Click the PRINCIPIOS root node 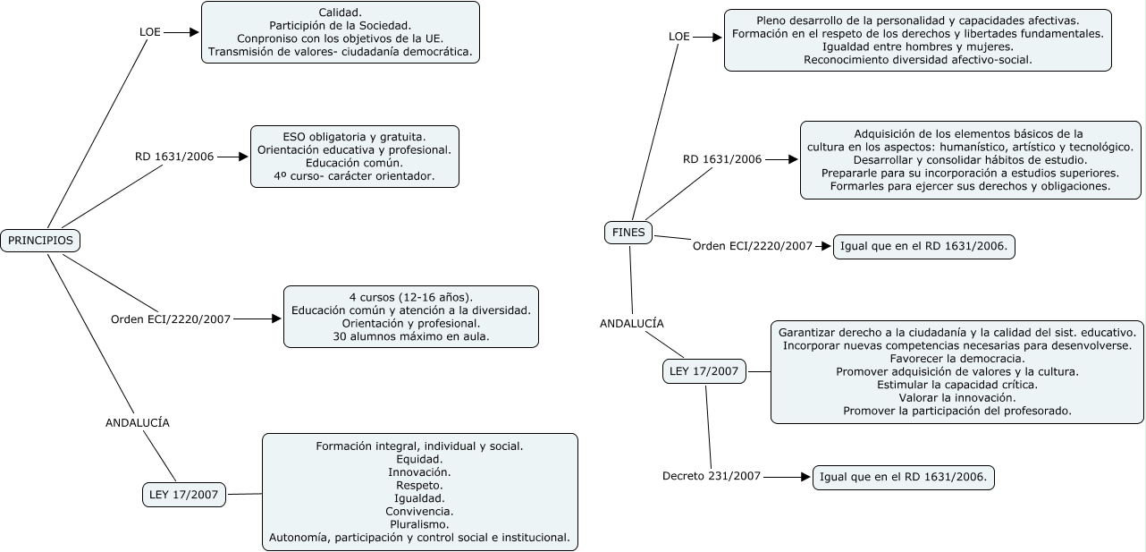point(40,241)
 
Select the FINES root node point(628,233)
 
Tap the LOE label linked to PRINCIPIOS point(150,31)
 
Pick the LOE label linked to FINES point(679,37)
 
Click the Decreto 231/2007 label point(712,476)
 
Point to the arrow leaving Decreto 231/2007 point(787,477)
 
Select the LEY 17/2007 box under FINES point(704,371)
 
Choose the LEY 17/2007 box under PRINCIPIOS point(185,494)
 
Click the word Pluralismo point(419,523)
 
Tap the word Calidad point(340,12)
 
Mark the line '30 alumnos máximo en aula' point(411,337)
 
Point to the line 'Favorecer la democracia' point(957,357)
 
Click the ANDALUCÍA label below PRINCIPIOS point(137,422)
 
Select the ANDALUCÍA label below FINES point(632,324)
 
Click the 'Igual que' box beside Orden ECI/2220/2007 point(924,247)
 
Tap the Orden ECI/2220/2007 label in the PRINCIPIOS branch point(171,318)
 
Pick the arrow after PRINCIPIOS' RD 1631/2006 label point(232,157)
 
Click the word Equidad point(419,459)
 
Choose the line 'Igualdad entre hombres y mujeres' point(917,47)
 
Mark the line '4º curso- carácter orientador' point(354,177)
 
